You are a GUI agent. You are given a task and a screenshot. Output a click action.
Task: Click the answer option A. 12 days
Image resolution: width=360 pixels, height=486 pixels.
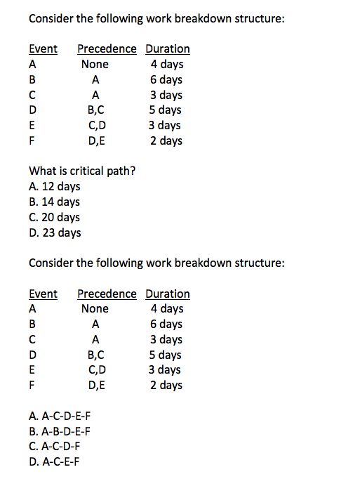tap(54, 186)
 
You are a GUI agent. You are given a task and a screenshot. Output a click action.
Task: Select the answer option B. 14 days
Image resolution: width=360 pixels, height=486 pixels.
tap(54, 202)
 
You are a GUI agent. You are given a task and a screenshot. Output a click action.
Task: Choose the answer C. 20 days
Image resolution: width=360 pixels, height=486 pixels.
tap(54, 217)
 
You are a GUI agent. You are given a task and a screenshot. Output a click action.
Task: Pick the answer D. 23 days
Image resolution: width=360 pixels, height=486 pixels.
tap(54, 232)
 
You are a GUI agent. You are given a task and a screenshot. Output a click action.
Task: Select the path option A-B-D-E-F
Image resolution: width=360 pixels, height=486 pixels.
tap(60, 431)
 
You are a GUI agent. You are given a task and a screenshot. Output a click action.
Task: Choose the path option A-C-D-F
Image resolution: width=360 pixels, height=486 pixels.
tap(54, 446)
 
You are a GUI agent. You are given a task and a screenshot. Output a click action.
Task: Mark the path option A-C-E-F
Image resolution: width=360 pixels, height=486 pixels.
tap(54, 461)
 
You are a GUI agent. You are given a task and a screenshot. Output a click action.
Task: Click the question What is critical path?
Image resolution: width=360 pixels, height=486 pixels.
tap(82, 171)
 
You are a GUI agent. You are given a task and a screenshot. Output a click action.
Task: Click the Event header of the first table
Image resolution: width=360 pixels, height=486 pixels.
tap(43, 48)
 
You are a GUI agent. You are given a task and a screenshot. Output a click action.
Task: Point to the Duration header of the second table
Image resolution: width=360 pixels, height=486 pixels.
tap(167, 294)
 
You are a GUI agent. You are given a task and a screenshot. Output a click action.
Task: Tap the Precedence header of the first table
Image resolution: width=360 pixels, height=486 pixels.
tap(107, 48)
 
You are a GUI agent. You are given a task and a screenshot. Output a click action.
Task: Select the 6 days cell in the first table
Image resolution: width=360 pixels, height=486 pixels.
tap(166, 79)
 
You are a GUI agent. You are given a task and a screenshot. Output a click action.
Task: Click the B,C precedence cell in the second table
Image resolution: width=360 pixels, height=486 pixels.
tap(95, 355)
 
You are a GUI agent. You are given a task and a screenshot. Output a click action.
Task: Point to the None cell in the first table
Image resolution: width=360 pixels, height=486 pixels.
tap(95, 64)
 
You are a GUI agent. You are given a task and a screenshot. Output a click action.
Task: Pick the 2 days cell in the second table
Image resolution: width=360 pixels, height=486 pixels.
tap(166, 385)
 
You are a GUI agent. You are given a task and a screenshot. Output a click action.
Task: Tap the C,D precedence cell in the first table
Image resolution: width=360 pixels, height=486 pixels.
tap(95, 125)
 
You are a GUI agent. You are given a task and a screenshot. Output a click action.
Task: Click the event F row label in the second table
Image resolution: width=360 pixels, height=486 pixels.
tap(32, 385)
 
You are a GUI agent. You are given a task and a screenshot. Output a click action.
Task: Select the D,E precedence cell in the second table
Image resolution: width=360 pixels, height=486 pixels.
tap(95, 385)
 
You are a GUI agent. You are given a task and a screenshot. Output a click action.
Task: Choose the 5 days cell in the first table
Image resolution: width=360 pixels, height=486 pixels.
tap(166, 110)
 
